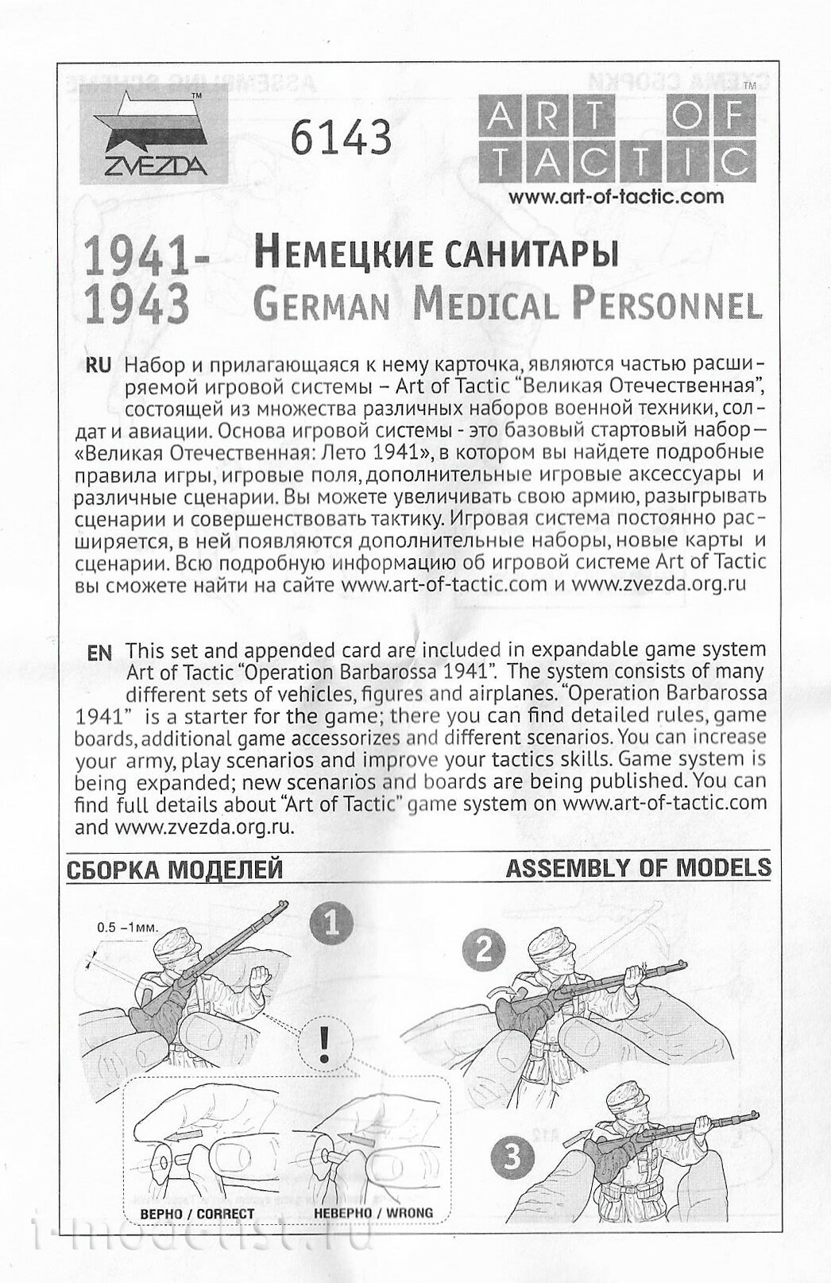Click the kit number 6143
(x=341, y=137)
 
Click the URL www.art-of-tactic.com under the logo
(x=616, y=196)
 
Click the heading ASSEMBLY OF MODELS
(x=638, y=867)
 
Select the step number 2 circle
(x=485, y=950)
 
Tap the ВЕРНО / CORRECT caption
(x=197, y=1214)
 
